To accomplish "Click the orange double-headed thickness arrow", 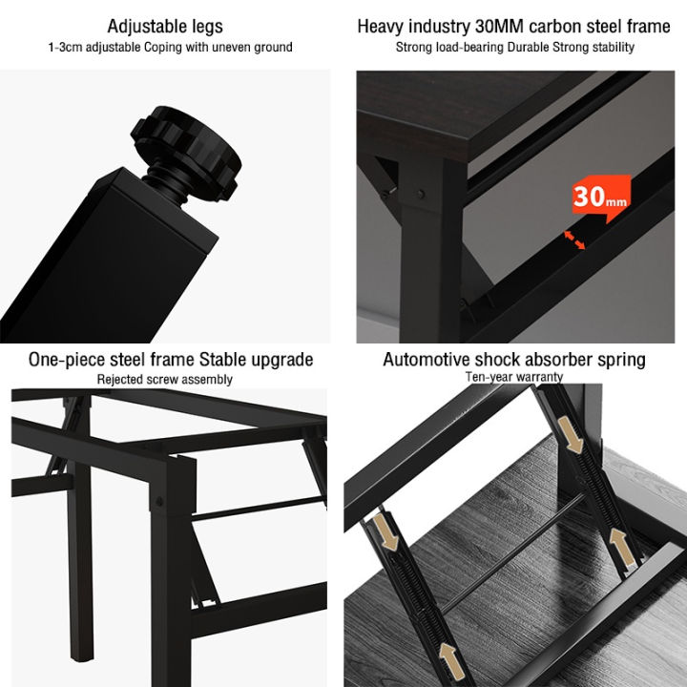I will click(x=573, y=239).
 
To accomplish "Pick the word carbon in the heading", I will click(x=536, y=26).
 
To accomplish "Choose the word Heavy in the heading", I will click(x=382, y=26).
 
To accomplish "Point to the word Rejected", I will click(x=121, y=379).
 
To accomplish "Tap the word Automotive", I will click(x=427, y=360).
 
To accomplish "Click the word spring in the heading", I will click(x=621, y=360).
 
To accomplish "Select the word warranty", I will click(x=537, y=377).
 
